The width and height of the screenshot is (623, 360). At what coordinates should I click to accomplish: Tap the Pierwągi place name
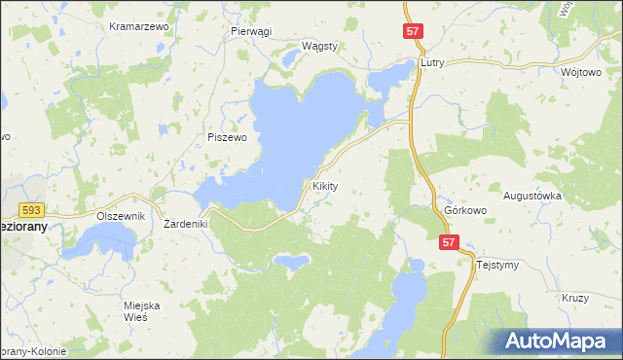click(x=251, y=31)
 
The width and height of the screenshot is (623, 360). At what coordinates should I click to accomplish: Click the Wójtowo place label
click(x=582, y=72)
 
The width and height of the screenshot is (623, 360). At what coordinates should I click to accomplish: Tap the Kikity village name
click(x=324, y=185)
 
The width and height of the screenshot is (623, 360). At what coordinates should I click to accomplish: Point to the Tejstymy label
click(x=496, y=264)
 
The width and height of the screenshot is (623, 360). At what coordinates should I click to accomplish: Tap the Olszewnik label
click(x=121, y=216)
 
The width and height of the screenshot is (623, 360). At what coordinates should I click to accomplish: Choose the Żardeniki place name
click(x=182, y=224)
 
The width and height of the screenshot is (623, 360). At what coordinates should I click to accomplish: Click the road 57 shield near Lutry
click(x=412, y=32)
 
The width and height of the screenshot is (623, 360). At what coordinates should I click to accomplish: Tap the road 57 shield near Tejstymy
click(x=448, y=244)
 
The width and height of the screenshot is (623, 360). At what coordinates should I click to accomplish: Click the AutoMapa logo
click(x=561, y=341)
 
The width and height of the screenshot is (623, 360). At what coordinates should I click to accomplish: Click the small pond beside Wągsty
click(x=290, y=59)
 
